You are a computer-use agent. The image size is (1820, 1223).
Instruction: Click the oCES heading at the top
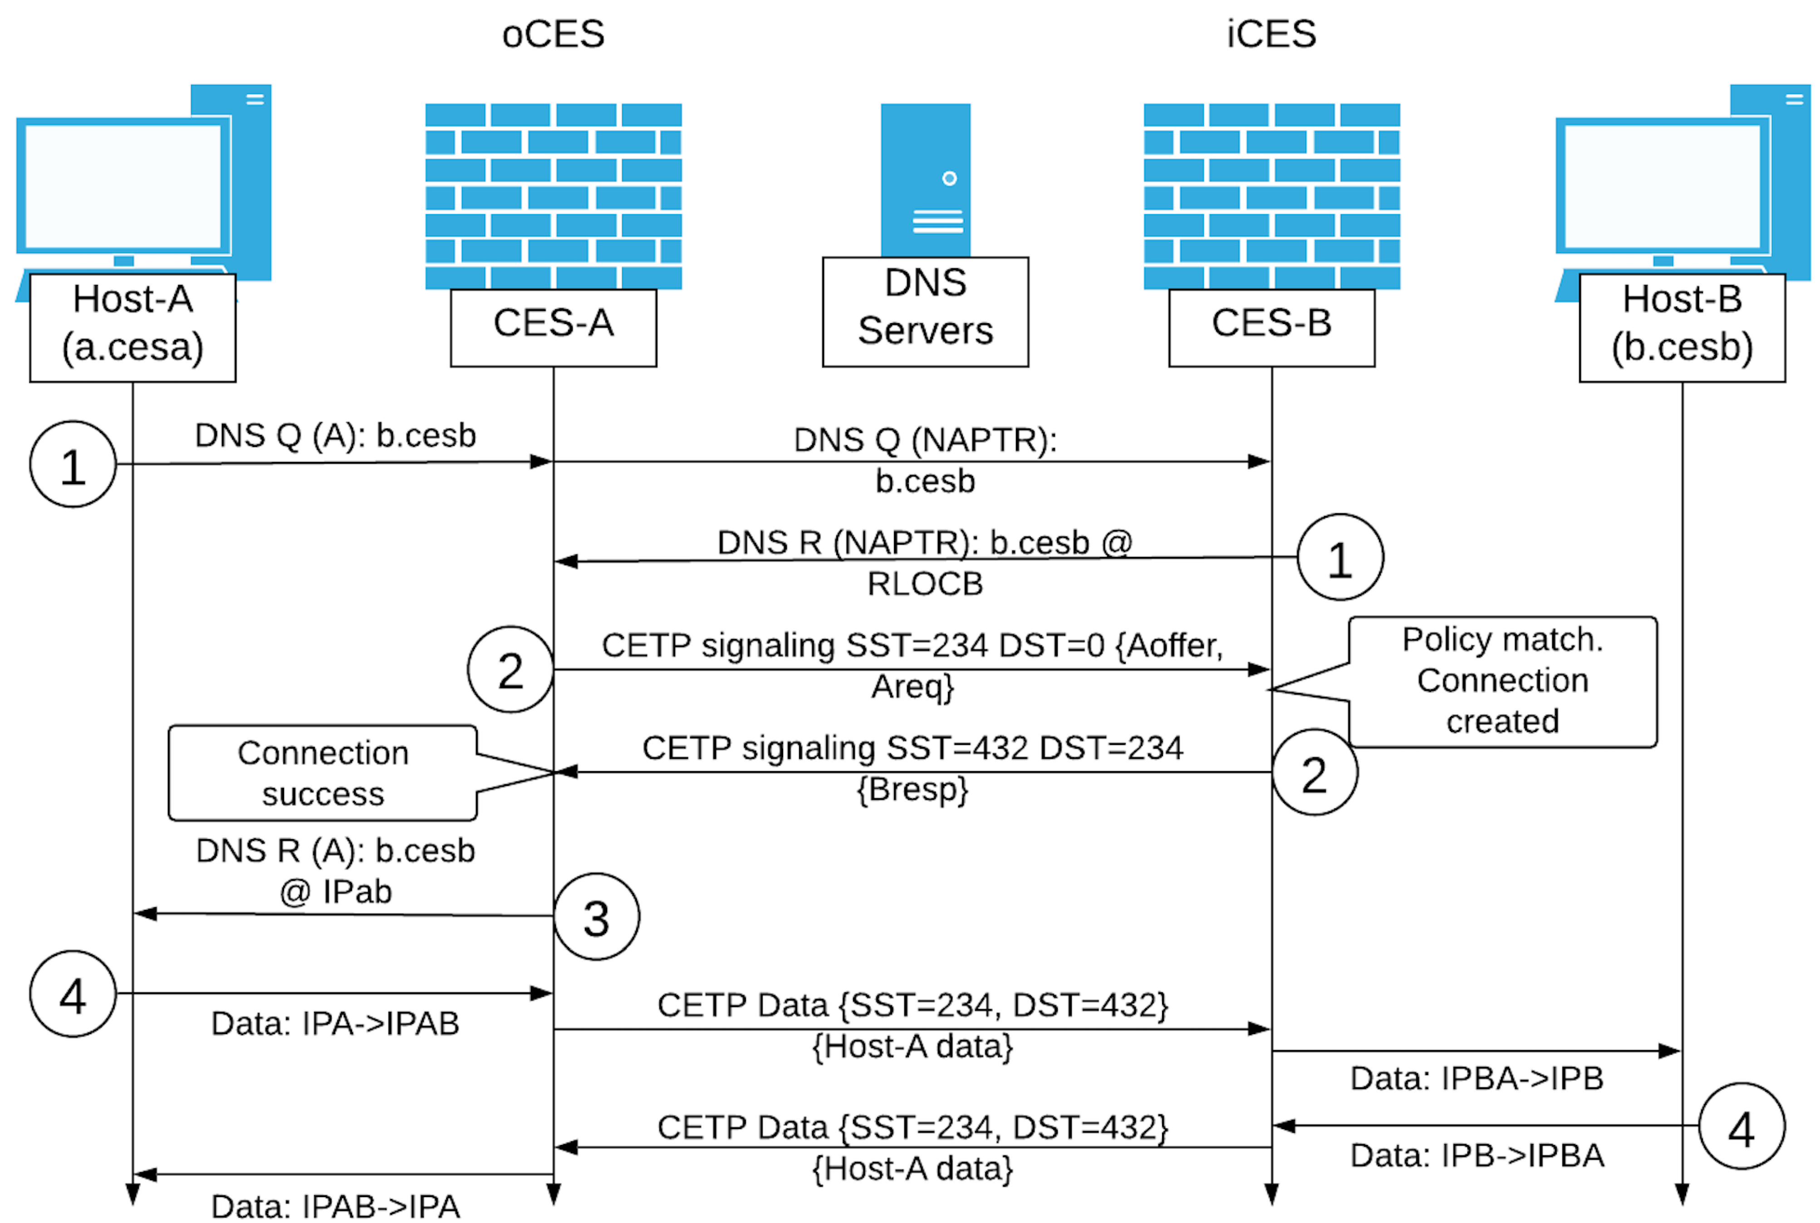[553, 34]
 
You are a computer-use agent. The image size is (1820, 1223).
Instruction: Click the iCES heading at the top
[1271, 34]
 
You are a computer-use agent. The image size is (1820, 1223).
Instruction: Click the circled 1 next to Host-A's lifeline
[73, 465]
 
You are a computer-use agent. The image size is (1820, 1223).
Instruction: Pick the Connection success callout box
[322, 773]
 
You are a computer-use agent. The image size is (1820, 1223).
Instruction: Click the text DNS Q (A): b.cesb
[335, 435]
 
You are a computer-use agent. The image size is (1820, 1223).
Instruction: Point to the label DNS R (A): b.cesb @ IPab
[335, 870]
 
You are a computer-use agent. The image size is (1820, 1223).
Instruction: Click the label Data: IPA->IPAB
[335, 1023]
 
